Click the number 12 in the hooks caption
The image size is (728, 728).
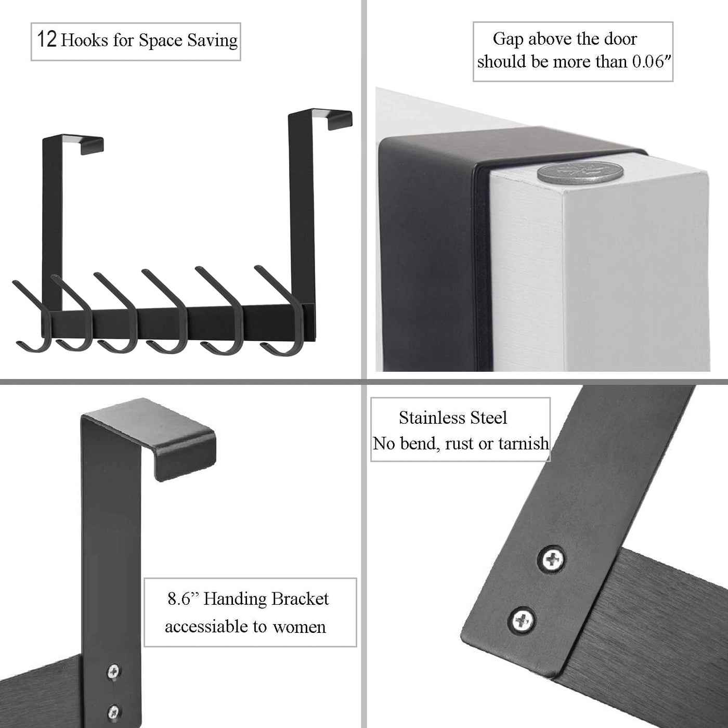click(x=47, y=40)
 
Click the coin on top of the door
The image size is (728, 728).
click(x=575, y=172)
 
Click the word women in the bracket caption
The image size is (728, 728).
click(x=299, y=628)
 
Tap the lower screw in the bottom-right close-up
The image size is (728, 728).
click(x=523, y=619)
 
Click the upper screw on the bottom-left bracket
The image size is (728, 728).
click(x=113, y=671)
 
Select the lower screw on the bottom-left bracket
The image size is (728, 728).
click(x=113, y=712)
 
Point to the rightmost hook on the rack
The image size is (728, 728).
click(x=280, y=310)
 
